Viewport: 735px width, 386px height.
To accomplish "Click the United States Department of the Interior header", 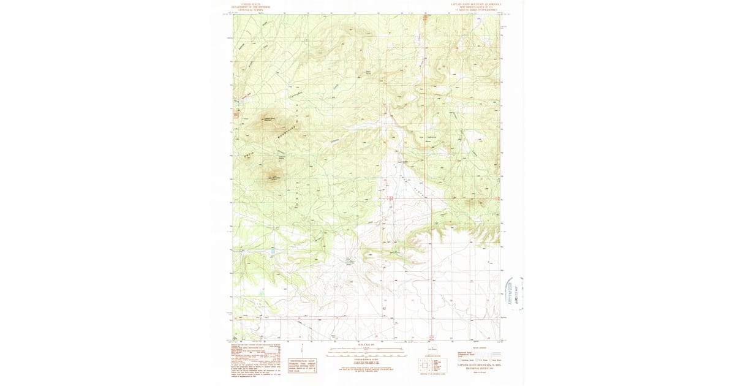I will (251, 6).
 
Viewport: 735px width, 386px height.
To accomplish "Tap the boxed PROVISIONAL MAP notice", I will (303, 366).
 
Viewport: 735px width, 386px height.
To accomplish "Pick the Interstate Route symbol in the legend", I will (460, 360).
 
